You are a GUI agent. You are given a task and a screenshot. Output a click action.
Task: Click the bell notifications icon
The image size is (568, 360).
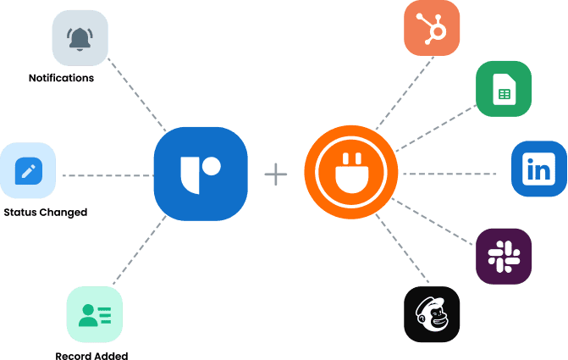[81, 38]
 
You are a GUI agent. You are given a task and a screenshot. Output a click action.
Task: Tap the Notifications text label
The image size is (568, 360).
[61, 78]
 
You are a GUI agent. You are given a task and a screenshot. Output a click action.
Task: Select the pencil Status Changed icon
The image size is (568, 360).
[28, 171]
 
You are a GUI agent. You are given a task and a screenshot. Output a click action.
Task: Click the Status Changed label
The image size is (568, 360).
[45, 212]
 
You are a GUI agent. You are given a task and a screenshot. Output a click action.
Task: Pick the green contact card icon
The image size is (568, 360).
[94, 315]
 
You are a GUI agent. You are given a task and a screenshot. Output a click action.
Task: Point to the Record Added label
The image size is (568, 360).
[91, 355]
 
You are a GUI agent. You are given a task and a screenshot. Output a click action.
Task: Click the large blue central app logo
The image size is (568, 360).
[201, 174]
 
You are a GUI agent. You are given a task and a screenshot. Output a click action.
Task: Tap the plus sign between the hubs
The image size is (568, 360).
[276, 174]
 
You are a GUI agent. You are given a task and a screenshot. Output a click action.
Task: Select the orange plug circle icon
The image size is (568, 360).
[350, 174]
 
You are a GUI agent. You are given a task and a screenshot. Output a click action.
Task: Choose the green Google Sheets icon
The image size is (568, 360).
[503, 88]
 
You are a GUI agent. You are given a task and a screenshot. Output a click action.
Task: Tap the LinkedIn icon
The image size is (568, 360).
[538, 169]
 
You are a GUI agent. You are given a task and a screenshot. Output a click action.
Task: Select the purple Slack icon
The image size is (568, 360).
[503, 255]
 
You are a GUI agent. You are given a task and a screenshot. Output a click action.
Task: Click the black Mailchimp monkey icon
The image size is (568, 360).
[432, 314]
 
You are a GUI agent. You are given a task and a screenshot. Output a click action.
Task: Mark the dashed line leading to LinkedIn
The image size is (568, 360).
[449, 174]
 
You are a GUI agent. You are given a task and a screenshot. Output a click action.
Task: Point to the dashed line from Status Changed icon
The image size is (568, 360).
[106, 176]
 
